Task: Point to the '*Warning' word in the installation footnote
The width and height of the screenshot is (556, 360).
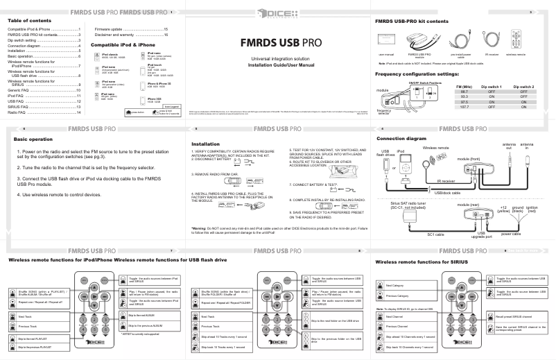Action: point(200,228)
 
